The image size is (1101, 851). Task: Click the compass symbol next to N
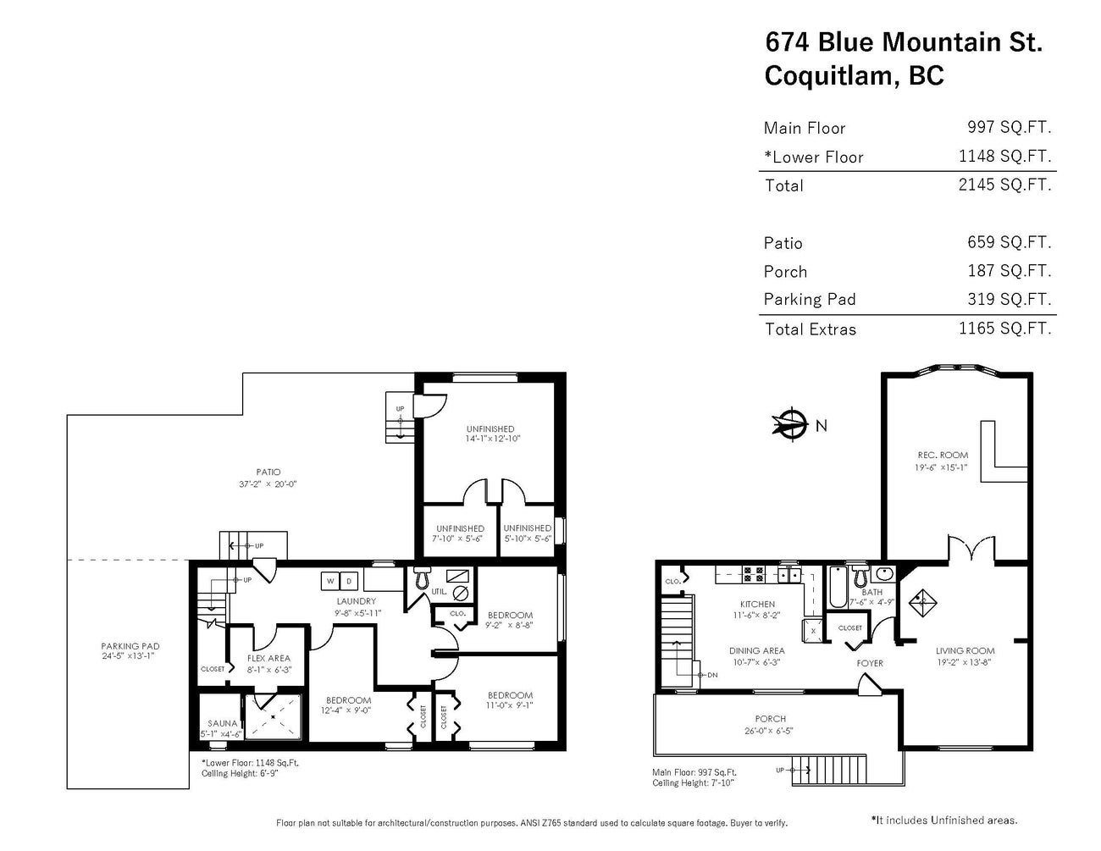point(790,424)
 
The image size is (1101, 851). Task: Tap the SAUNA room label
point(222,723)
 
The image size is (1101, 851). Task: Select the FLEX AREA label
point(268,658)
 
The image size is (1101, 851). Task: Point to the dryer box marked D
point(348,581)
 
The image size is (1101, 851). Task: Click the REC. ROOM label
point(940,455)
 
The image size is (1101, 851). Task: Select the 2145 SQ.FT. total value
point(1004,185)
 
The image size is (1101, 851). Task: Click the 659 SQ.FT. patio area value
point(1009,242)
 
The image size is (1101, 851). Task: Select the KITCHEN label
point(757,605)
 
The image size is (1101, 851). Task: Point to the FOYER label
point(870,663)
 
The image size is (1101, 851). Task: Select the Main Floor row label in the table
point(804,128)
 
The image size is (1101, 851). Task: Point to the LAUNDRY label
point(356,601)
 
